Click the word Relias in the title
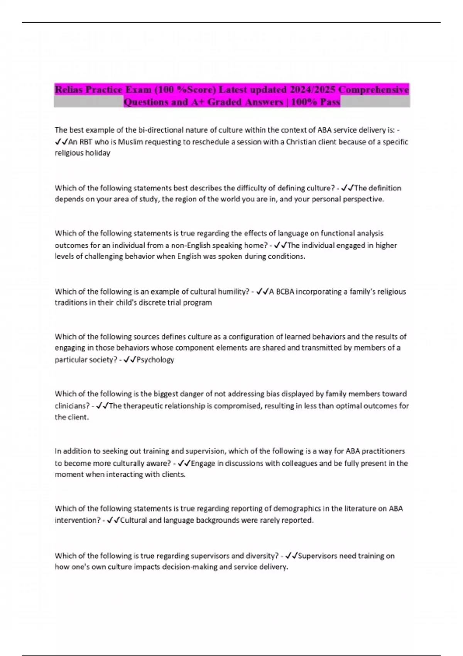[69, 90]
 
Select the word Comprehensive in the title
[373, 90]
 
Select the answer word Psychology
[155, 360]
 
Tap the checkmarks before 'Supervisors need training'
[291, 556]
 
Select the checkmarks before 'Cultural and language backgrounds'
[114, 521]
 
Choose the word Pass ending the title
[330, 102]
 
